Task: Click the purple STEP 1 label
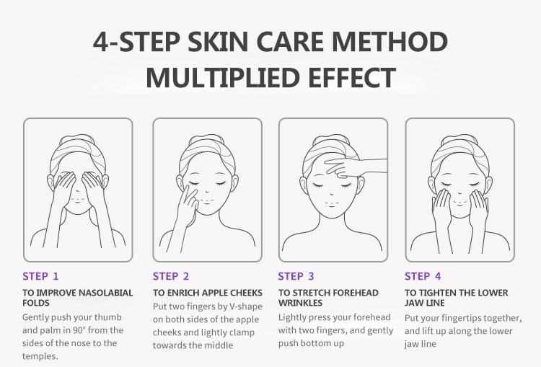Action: click(40, 276)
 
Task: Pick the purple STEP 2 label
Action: click(171, 276)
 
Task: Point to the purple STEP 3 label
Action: click(296, 276)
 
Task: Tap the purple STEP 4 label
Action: click(423, 276)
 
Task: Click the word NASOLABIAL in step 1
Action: click(105, 293)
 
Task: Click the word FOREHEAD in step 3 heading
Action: click(353, 293)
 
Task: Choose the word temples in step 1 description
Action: click(40, 356)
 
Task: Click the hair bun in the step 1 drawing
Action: click(76, 138)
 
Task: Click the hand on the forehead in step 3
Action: click(356, 167)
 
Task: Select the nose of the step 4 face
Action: click(460, 194)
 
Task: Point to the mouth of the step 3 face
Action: click(332, 203)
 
